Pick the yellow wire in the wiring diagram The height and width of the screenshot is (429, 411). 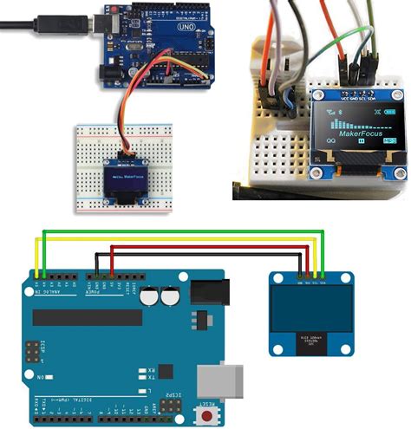173,237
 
